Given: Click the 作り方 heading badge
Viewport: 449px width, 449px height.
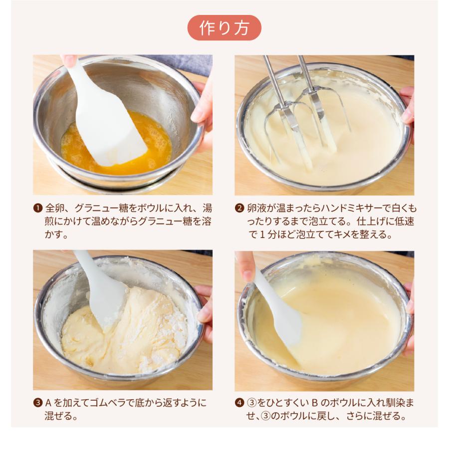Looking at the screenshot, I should coord(224,28).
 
